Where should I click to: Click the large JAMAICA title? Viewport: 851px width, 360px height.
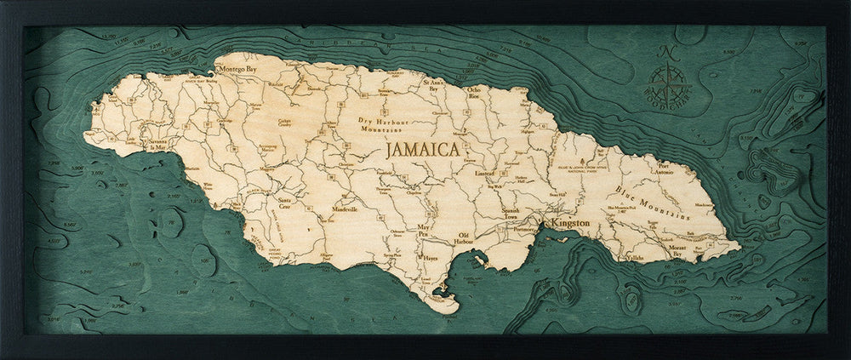(x=422, y=150)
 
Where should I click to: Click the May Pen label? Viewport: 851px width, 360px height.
(x=425, y=231)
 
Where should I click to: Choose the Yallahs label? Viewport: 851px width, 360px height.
(x=636, y=256)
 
